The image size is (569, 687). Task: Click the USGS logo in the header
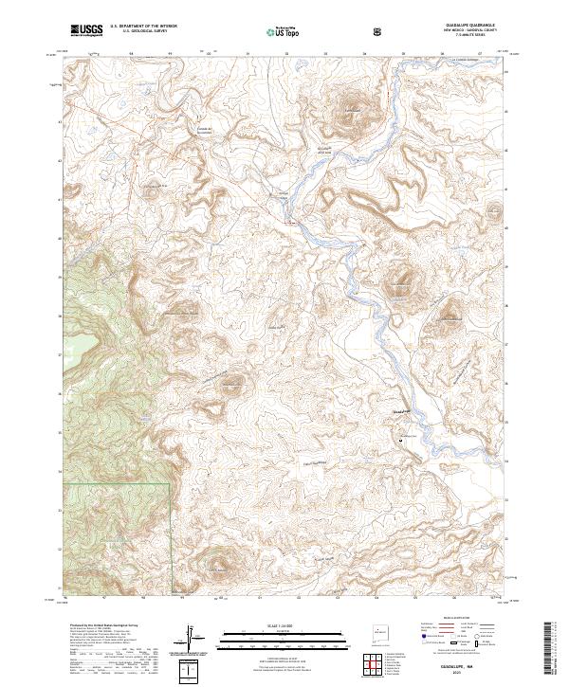85,30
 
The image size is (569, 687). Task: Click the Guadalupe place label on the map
401,410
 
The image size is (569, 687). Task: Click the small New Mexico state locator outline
379,628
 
